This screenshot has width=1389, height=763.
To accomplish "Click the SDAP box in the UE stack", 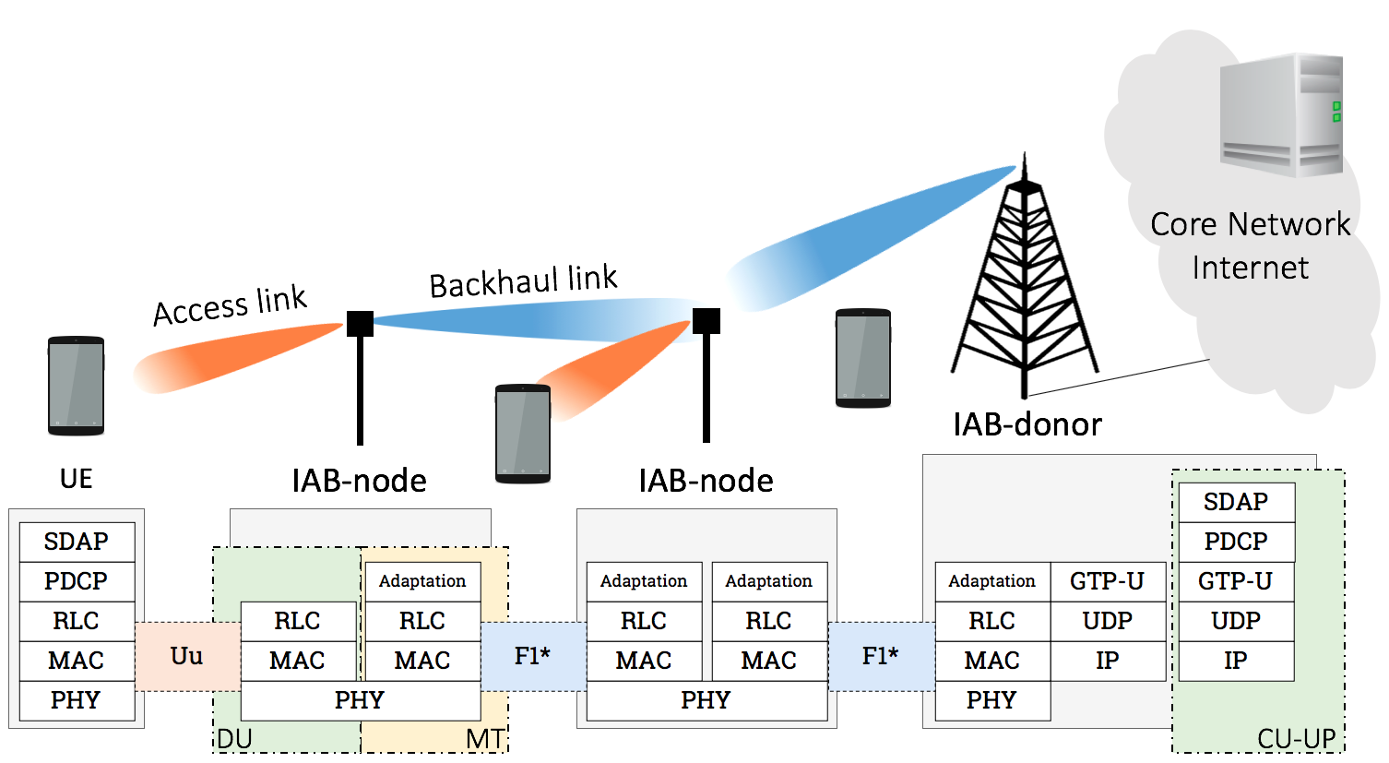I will pyautogui.click(x=77, y=542).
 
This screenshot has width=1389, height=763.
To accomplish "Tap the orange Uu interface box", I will pyautogui.click(x=187, y=656).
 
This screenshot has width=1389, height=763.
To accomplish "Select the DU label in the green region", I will pyautogui.click(x=234, y=739).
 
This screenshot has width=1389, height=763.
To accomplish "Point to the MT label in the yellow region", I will pyautogui.click(x=485, y=739).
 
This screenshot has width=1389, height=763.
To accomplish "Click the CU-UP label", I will pyautogui.click(x=1296, y=739).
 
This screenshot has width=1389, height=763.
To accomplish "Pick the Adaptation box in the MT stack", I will pyautogui.click(x=422, y=581).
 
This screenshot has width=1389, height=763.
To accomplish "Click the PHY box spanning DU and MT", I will pyautogui.click(x=360, y=700).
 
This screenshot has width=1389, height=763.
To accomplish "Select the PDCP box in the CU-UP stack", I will pyautogui.click(x=1236, y=542).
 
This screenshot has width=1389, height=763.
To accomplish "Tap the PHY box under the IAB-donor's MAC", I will pyautogui.click(x=991, y=700).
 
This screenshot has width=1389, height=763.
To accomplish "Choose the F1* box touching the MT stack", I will pyautogui.click(x=532, y=656).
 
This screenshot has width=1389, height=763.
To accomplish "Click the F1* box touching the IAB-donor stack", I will pyautogui.click(x=880, y=656).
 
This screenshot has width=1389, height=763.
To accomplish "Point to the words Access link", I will pyautogui.click(x=230, y=305).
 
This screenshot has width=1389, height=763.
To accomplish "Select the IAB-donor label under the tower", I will pyautogui.click(x=1027, y=424).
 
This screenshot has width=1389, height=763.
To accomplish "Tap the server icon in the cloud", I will pyautogui.click(x=1281, y=114).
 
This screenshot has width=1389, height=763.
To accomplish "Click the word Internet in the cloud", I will pyautogui.click(x=1250, y=268).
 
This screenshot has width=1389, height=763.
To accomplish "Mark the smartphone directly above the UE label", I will pyautogui.click(x=76, y=386).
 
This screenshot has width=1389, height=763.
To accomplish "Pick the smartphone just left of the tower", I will pyautogui.click(x=862, y=358).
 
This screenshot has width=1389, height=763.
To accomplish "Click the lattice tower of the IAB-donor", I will pyautogui.click(x=1024, y=286).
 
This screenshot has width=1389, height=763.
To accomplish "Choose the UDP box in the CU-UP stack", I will pyautogui.click(x=1236, y=621).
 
